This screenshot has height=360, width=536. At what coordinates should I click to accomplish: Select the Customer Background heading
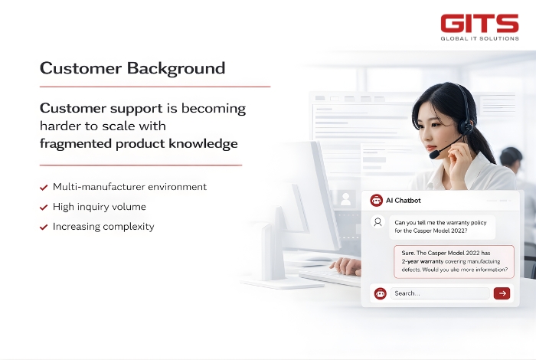coord(132,68)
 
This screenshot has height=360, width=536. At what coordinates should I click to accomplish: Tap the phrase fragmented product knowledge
coord(139,143)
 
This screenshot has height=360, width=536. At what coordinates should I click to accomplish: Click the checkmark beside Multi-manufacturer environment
coord(44,187)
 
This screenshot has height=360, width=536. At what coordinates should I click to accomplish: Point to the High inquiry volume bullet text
coord(99,207)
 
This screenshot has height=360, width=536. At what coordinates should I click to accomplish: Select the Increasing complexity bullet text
coord(103,227)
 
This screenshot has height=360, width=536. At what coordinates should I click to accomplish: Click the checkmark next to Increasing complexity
coord(44,227)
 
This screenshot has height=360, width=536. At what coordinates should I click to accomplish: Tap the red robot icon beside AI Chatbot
coord(376,200)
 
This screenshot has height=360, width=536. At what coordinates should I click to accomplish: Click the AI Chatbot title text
coord(403,200)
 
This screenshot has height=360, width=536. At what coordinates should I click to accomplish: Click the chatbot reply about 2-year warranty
coord(454,261)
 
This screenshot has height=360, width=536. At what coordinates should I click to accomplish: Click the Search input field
coord(440,293)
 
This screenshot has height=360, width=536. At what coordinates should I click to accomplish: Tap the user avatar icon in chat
coord(377,222)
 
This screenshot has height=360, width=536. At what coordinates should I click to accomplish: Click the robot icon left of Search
coord(379,293)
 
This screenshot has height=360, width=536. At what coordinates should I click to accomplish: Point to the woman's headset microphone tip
coord(433,155)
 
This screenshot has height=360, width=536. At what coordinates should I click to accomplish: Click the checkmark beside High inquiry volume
coord(44,207)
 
